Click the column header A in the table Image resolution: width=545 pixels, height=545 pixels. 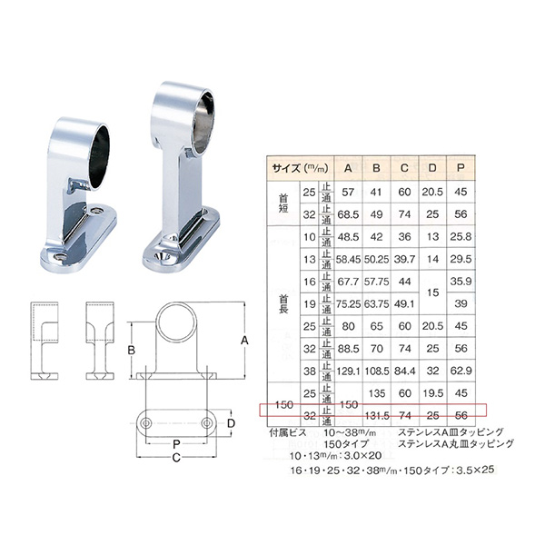pyautogui.click(x=348, y=167)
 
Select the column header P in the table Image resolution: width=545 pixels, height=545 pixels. pyautogui.click(x=461, y=167)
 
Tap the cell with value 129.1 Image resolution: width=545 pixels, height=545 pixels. pyautogui.click(x=348, y=371)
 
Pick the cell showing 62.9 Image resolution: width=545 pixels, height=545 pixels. pyautogui.click(x=461, y=371)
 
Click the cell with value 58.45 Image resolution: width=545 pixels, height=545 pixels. pyautogui.click(x=348, y=259)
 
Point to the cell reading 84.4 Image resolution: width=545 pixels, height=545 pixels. pyautogui.click(x=405, y=371)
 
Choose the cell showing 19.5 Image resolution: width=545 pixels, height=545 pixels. pyautogui.click(x=432, y=394)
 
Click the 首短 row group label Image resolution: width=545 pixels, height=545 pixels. pyautogui.click(x=283, y=203)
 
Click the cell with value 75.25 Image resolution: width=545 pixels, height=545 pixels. pyautogui.click(x=348, y=305)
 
